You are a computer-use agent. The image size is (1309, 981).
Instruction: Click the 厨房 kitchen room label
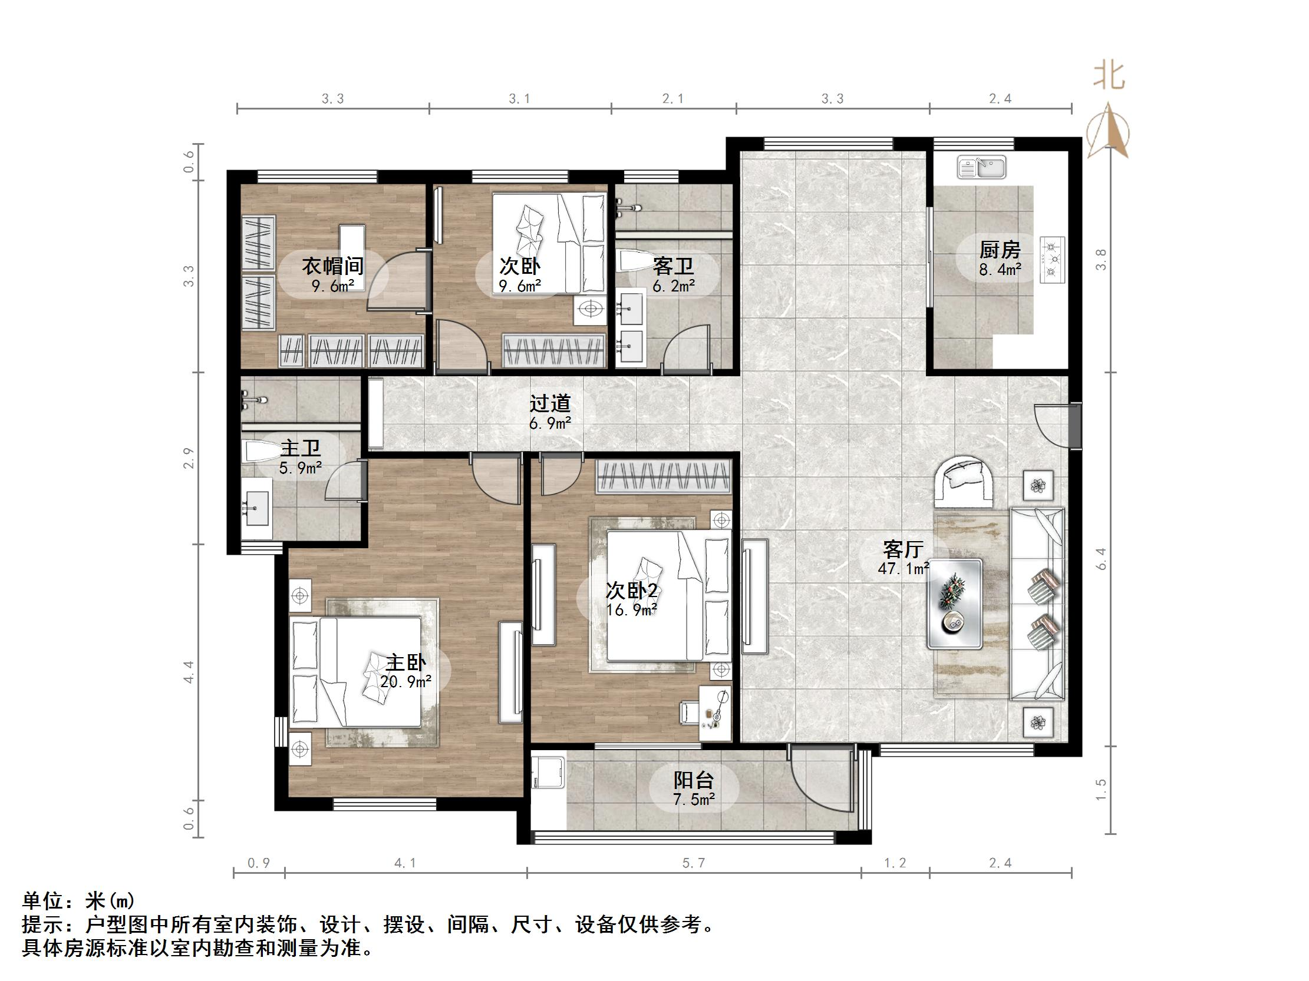[1000, 250]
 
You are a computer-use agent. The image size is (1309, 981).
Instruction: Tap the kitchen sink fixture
[982, 167]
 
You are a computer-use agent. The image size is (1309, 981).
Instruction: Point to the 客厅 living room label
[903, 549]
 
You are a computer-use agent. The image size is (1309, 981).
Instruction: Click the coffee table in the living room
[955, 602]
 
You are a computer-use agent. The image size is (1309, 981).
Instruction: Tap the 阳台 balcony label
[694, 780]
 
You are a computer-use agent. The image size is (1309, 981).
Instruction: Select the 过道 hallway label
[550, 403]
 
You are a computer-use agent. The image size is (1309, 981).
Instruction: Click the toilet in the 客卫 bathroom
[634, 261]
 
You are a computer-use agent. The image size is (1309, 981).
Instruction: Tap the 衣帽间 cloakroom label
[332, 266]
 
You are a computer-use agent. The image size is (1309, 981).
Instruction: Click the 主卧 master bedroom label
[405, 662]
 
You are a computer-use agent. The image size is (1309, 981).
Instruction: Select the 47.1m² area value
[904, 569]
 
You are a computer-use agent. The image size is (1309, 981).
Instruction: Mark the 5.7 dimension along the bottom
[694, 863]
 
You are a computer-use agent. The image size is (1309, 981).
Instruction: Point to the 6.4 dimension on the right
[1101, 559]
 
